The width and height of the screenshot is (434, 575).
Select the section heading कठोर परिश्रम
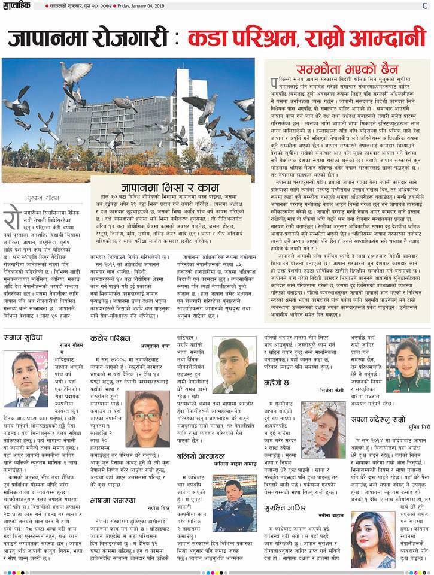click(111, 338)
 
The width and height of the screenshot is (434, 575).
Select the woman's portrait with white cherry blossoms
click(323, 429)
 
